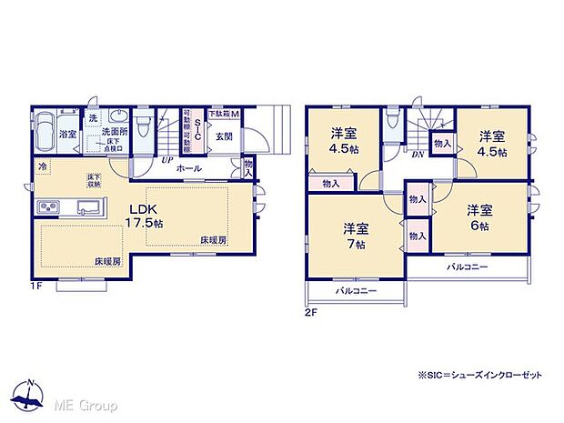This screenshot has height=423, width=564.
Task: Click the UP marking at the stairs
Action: (167, 160)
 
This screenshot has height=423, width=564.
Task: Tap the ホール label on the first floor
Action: (188, 168)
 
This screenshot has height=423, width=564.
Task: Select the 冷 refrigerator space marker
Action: (43, 167)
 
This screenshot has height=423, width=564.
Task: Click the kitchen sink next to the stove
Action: (88, 211)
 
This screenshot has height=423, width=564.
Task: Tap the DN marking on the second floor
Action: (417, 155)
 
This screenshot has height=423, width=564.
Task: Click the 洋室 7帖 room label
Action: (356, 235)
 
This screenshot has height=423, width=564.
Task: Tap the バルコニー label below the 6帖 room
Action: (467, 267)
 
